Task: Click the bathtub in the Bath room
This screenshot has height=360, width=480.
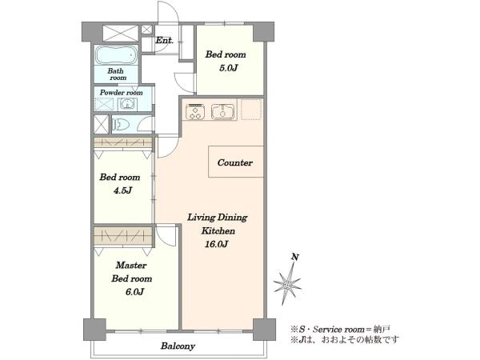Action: pyautogui.click(x=116, y=55)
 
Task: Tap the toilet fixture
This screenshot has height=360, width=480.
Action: pyautogui.click(x=122, y=125)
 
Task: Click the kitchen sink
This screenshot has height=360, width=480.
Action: pyautogui.click(x=222, y=111)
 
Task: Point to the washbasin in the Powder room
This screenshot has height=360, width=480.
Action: pyautogui.click(x=126, y=105)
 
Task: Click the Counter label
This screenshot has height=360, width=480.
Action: pyautogui.click(x=234, y=162)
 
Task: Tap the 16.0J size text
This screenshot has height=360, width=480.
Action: pyautogui.click(x=217, y=244)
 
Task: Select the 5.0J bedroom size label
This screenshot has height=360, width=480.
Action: pyautogui.click(x=228, y=68)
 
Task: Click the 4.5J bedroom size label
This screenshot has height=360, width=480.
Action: pyautogui.click(x=122, y=190)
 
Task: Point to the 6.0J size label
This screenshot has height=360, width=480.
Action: pyautogui.click(x=134, y=292)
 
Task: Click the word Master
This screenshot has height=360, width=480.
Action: pyautogui.click(x=131, y=265)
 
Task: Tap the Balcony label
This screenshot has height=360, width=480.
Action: pyautogui.click(x=178, y=346)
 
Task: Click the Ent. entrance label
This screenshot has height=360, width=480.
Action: pyautogui.click(x=164, y=40)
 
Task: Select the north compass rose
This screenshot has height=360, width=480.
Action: pyautogui.click(x=287, y=285)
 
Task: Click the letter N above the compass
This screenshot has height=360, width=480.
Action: pyautogui.click(x=294, y=257)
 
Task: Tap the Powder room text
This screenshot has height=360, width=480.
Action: pyautogui.click(x=122, y=93)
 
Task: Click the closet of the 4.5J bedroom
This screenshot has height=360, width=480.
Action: pyautogui.click(x=122, y=142)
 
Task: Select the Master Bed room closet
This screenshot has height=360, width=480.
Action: pyautogui.click(x=122, y=236)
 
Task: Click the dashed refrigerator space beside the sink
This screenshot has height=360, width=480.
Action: pyautogui.click(x=251, y=110)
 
